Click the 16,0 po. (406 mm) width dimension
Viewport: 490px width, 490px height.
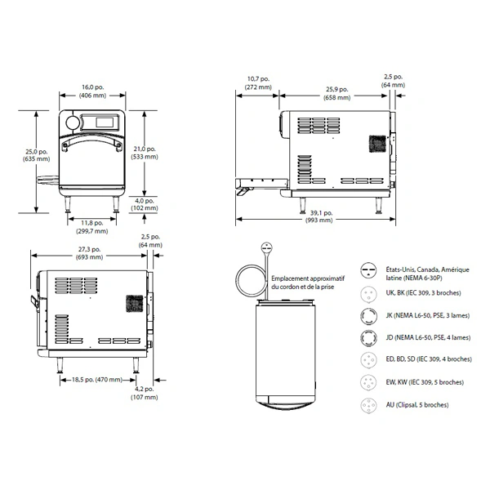92,91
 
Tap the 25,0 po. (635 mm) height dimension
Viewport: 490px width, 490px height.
36,155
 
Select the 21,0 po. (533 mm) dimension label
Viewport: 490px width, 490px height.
145,153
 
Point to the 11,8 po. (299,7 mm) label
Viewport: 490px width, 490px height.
91,227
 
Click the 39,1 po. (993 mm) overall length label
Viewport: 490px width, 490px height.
319,216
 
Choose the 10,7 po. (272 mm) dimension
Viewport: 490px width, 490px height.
258,83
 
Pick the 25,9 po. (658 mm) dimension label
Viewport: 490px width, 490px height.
336,93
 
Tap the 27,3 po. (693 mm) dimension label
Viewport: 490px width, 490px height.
89,253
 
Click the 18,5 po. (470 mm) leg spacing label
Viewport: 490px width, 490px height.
97,380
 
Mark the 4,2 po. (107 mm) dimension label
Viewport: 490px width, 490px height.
144,393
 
